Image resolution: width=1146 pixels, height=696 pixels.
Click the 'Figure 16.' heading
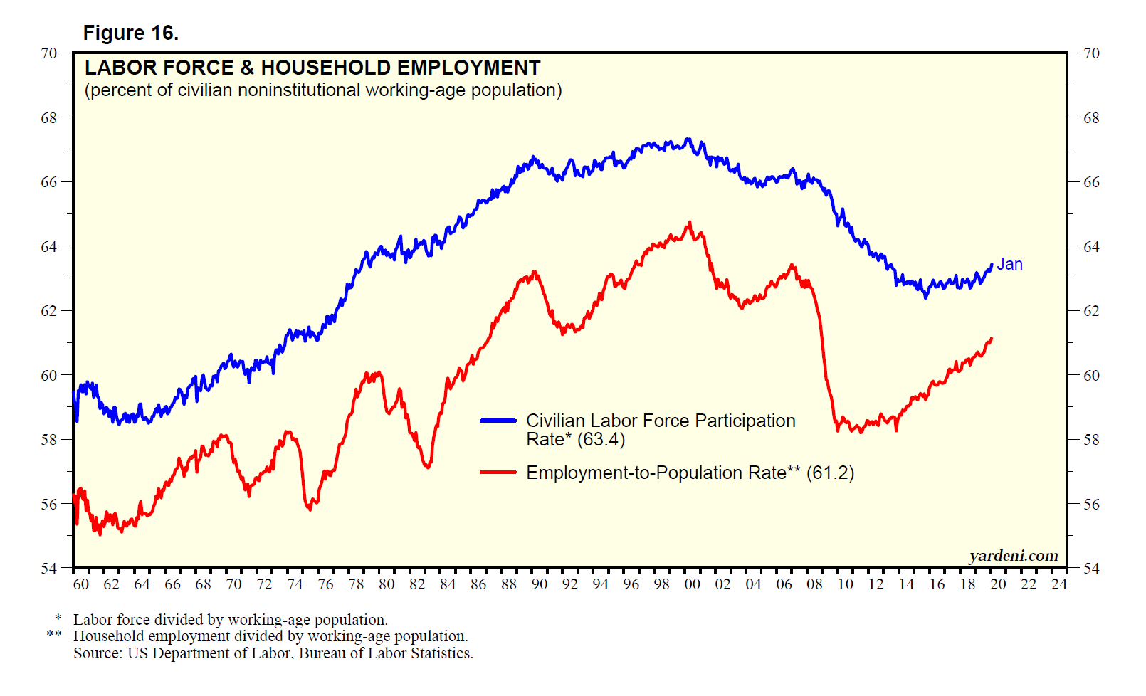tap(130, 33)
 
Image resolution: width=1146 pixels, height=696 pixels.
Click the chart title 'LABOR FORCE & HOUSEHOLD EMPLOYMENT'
tap(312, 68)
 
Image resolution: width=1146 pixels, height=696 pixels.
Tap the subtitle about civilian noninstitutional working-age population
tap(323, 90)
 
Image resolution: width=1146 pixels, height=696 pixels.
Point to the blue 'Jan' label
tap(1009, 264)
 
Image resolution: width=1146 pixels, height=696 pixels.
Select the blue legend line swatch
tap(498, 421)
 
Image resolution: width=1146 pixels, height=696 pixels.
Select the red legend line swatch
tap(498, 472)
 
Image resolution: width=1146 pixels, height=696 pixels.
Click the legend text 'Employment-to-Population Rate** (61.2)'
tap(690, 473)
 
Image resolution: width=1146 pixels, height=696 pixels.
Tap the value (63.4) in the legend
tap(601, 440)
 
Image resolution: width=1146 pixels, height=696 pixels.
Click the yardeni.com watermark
tap(1013, 555)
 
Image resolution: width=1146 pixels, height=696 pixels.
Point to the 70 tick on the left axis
tap(48, 53)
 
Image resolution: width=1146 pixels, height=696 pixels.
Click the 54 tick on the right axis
tap(1091, 569)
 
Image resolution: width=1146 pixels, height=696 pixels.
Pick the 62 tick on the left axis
tap(48, 311)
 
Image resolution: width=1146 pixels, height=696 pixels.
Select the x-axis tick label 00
tap(692, 584)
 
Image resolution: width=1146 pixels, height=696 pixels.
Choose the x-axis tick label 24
tap(1059, 584)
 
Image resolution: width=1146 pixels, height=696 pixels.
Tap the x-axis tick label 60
tap(81, 584)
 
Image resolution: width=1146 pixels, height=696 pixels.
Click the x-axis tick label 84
tap(448, 584)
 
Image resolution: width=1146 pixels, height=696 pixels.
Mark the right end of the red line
tap(991, 339)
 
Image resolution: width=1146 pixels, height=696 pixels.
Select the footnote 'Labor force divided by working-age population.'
tap(230, 620)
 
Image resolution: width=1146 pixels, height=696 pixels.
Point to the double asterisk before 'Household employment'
tap(54, 634)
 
